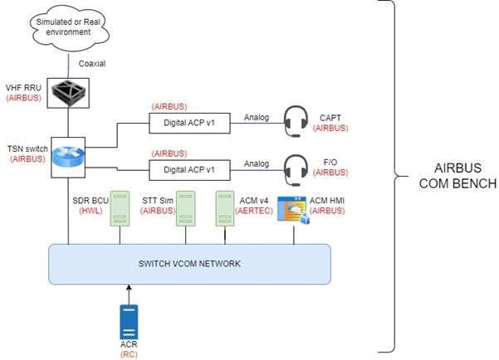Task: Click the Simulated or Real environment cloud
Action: point(64,27)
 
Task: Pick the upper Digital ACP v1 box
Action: point(188,123)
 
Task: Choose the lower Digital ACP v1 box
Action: point(188,169)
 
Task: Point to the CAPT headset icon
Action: point(297,121)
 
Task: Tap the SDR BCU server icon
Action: point(121,208)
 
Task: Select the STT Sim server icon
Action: point(188,208)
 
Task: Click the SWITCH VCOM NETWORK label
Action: point(189,264)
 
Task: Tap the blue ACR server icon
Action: point(128,319)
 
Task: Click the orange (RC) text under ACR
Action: point(129,353)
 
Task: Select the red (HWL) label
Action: point(91,212)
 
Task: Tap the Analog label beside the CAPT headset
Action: point(257,117)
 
